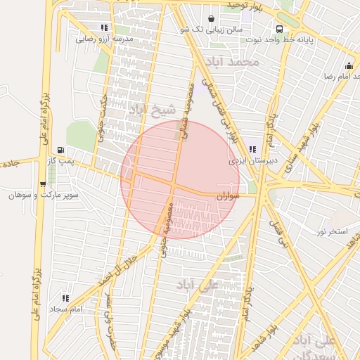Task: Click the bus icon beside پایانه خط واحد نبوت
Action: pos(280,30)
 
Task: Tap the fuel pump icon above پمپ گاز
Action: pos(61,150)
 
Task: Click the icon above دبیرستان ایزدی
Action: pos(252,149)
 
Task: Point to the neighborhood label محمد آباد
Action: pos(239,62)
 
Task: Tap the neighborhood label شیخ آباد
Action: pos(146,110)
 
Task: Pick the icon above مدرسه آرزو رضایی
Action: pos(104,28)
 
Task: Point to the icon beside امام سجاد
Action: pos(65,298)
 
